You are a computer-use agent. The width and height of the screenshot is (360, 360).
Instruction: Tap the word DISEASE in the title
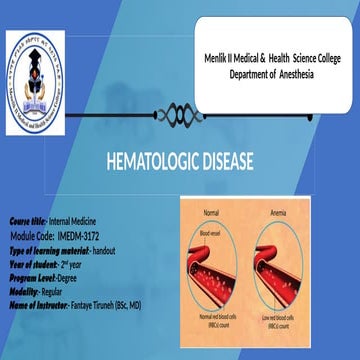(226, 160)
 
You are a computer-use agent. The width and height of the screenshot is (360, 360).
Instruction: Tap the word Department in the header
(250, 75)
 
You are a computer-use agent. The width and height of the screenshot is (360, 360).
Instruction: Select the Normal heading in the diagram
(211, 212)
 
